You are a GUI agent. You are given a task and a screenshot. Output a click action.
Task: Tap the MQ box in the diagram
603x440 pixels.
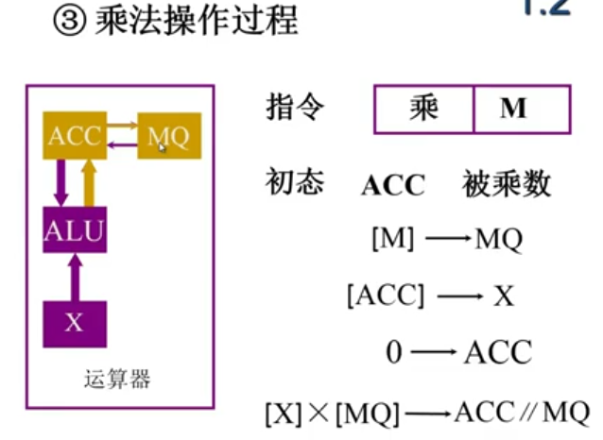coord(169,138)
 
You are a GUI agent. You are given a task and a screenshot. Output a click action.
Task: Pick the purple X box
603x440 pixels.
coord(75,322)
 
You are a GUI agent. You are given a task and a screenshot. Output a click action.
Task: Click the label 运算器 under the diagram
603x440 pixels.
coord(117,381)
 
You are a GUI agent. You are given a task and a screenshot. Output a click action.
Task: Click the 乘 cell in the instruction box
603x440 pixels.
coord(424,109)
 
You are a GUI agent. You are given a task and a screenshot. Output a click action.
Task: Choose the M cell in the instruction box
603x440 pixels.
coord(513,110)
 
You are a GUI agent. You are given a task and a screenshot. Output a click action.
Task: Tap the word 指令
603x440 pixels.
coord(294,108)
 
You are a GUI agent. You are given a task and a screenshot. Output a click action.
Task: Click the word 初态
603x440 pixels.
coord(294,182)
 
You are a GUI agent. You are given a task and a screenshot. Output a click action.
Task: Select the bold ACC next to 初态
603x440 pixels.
coord(393,185)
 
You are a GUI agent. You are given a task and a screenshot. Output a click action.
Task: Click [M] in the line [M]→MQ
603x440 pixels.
coord(393,239)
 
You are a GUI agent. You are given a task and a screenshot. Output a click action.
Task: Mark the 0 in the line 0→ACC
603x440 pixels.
coord(394,353)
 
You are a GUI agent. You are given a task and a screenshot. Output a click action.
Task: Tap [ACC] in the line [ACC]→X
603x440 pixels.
coord(386,296)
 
